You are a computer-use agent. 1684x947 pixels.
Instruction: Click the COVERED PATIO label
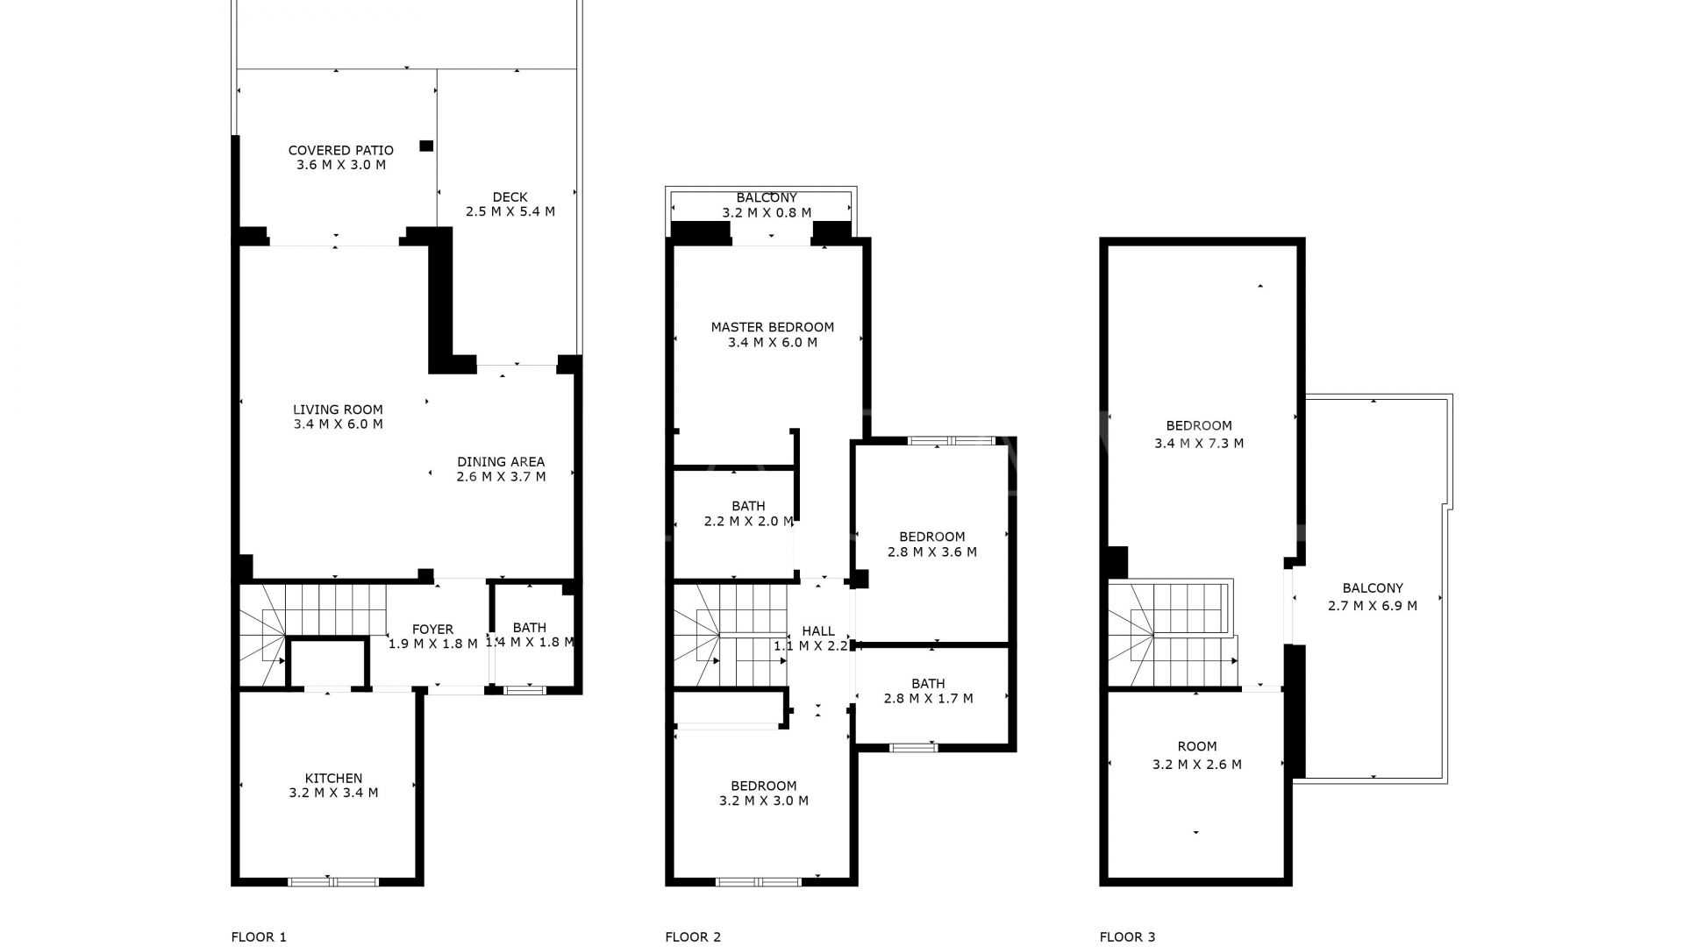[x=341, y=150]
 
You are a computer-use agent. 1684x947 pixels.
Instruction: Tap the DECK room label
[x=510, y=196]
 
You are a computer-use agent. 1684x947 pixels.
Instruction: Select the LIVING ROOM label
[x=338, y=409]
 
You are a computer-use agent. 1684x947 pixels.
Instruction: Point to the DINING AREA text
[x=501, y=461]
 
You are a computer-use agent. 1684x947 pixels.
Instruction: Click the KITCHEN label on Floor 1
[x=333, y=778]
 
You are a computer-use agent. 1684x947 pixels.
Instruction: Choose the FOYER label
[x=432, y=629]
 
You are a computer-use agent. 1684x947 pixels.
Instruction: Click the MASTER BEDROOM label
[x=773, y=327]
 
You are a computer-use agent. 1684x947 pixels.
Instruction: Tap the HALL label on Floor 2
[x=818, y=630]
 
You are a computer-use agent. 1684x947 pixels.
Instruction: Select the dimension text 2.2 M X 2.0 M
[x=748, y=521]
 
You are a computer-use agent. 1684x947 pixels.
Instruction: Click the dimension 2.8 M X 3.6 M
[x=932, y=552]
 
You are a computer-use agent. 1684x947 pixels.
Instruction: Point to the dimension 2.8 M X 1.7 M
[x=928, y=698]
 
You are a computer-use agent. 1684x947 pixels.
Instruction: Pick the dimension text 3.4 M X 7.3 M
[x=1199, y=443]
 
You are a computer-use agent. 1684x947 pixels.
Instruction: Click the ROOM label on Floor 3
[x=1197, y=746]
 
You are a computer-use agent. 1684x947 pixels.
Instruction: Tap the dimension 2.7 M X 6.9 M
[x=1373, y=605]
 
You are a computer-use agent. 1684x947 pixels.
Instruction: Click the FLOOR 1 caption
[x=259, y=936]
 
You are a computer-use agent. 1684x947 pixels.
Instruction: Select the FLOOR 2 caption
[x=693, y=936]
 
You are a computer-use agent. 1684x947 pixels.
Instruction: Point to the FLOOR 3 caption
[x=1127, y=936]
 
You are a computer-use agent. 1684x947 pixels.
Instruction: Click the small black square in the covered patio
[x=426, y=146]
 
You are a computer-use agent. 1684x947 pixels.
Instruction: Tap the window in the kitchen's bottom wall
[x=333, y=880]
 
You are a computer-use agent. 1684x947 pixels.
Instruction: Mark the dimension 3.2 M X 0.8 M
[x=767, y=212]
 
